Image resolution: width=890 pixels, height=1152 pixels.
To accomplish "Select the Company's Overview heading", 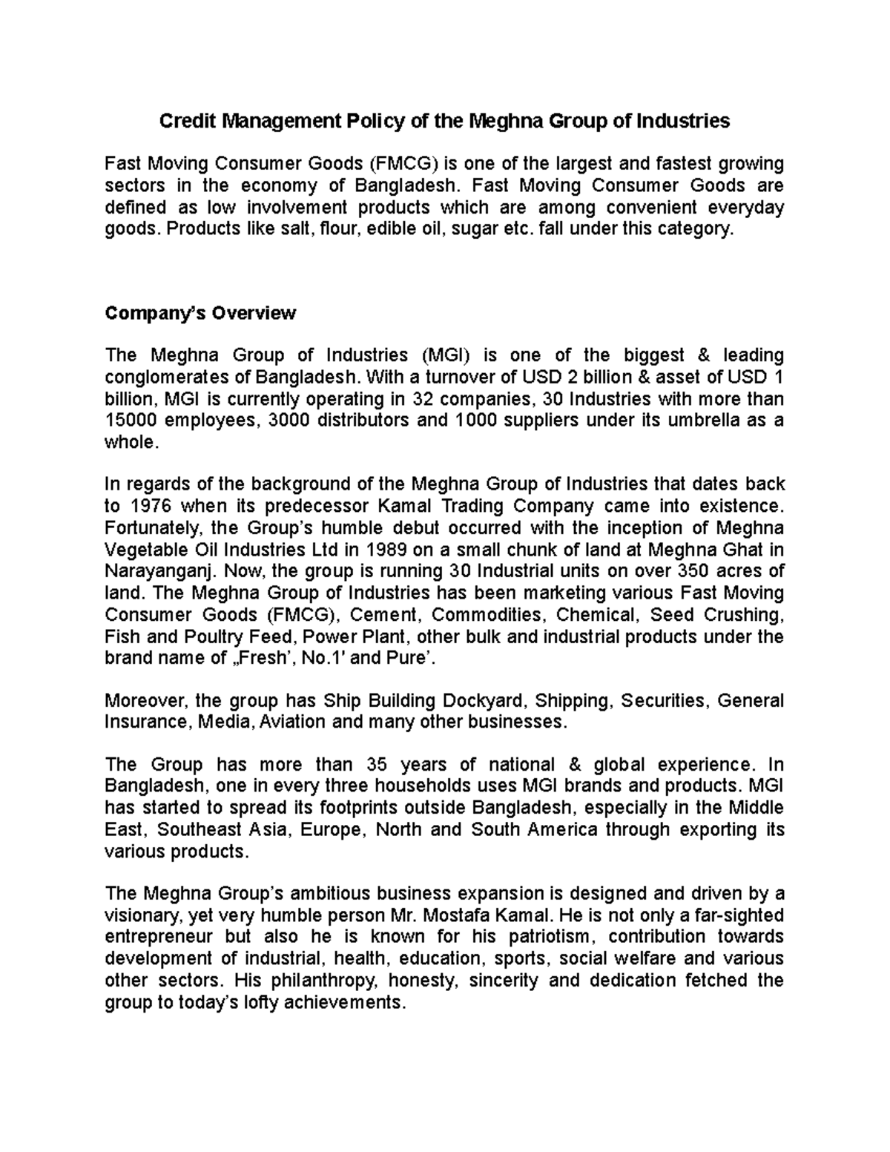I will [x=200, y=313].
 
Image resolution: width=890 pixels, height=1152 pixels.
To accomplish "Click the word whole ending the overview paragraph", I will [x=131, y=443].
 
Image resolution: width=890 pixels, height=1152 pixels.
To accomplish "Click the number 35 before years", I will [x=378, y=765].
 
